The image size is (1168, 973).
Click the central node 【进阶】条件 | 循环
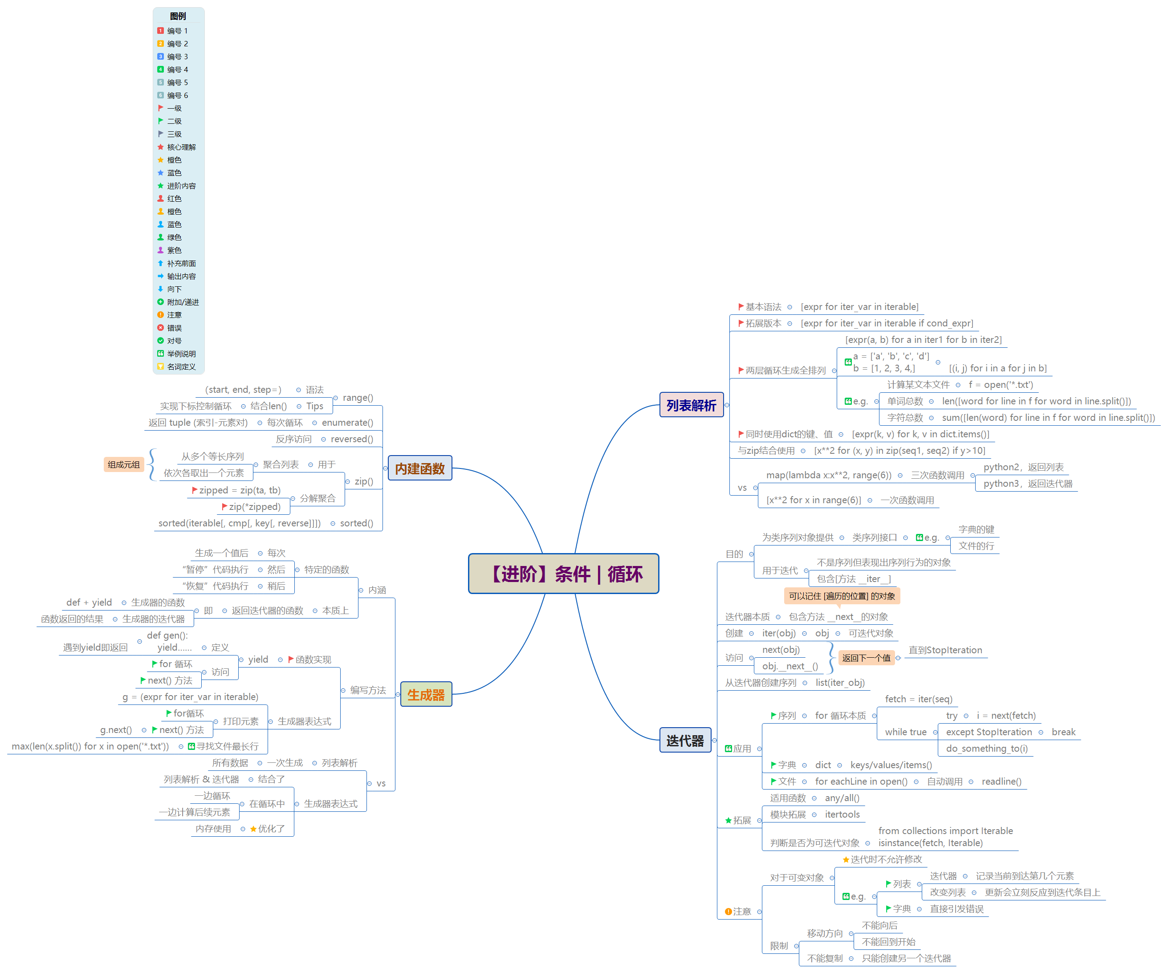click(x=563, y=574)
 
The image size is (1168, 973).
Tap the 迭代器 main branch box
click(x=685, y=741)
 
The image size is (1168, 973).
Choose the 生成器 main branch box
click(x=426, y=695)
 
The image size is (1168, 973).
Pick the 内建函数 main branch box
click(x=419, y=468)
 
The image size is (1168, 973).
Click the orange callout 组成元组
click(x=123, y=464)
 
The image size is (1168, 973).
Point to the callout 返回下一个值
click(x=866, y=658)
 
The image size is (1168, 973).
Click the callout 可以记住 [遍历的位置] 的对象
click(x=842, y=596)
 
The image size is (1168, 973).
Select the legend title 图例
click(x=178, y=16)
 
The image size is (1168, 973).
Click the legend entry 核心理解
click(x=181, y=147)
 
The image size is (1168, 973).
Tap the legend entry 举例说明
click(x=181, y=354)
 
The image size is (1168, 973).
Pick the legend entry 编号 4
click(x=177, y=69)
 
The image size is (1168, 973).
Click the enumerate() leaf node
click(x=347, y=423)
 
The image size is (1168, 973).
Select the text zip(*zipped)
click(x=255, y=507)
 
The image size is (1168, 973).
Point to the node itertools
click(x=842, y=814)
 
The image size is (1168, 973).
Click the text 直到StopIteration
click(x=945, y=650)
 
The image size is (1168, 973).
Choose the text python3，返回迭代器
click(x=1027, y=484)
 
